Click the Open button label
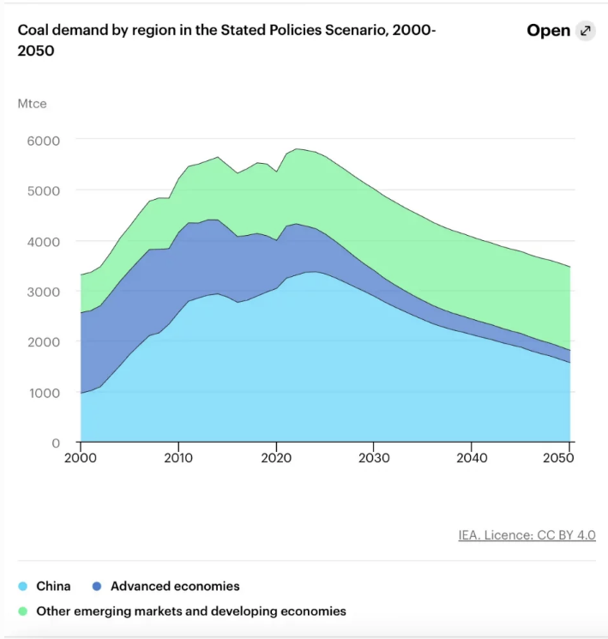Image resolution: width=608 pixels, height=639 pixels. click(x=548, y=31)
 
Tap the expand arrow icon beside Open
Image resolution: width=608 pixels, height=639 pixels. click(x=586, y=31)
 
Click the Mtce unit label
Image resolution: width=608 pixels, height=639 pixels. click(x=32, y=104)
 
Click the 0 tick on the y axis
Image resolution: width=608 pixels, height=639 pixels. click(x=56, y=443)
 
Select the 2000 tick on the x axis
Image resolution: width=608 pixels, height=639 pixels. click(x=81, y=459)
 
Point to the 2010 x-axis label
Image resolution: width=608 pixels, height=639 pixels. click(x=178, y=459)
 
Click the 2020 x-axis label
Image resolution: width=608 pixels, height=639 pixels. click(x=276, y=459)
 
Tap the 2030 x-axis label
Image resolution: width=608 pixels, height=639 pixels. click(x=374, y=459)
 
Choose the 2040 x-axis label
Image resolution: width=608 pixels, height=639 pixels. click(x=472, y=459)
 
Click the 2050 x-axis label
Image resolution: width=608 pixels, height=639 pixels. click(x=559, y=459)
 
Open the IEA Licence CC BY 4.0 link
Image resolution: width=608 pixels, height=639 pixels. click(x=527, y=535)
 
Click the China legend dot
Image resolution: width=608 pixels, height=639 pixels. click(x=22, y=587)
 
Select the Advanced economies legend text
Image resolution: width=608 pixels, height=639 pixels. click(x=175, y=587)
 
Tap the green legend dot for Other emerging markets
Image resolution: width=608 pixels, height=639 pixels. click(x=22, y=612)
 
